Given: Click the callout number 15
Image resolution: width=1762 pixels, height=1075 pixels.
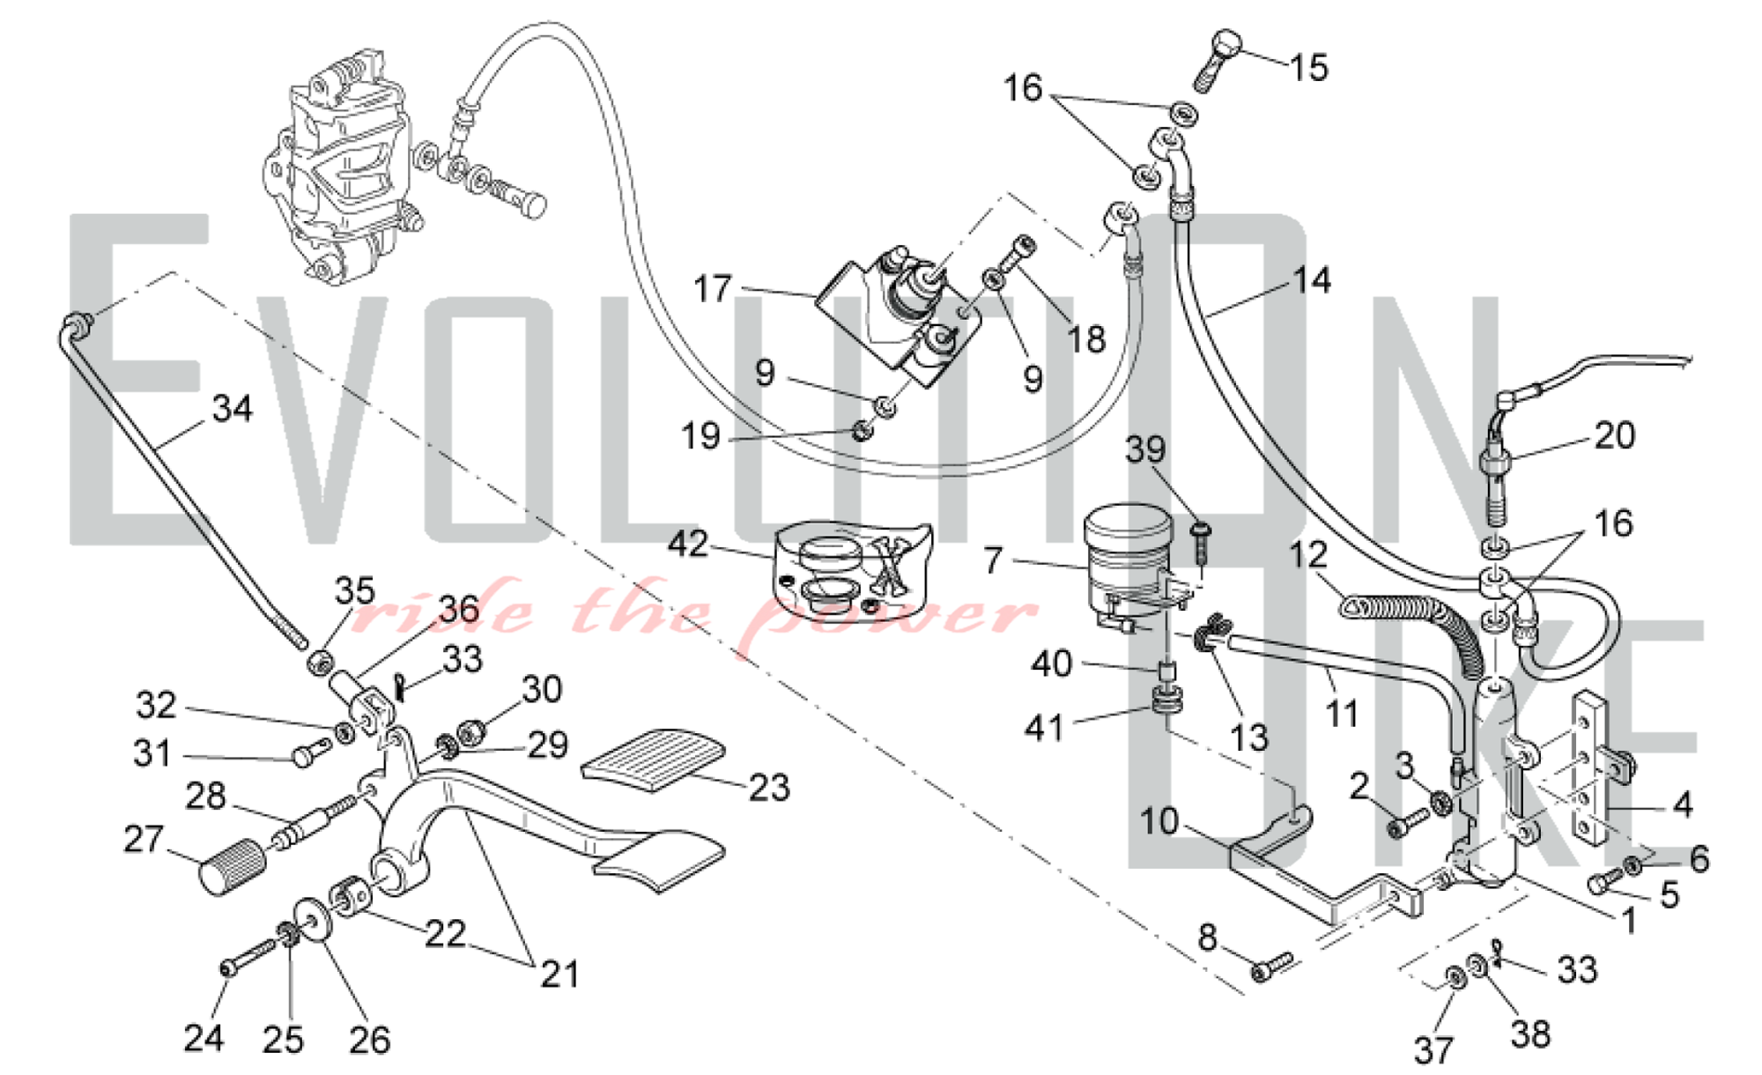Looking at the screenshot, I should point(1309,67).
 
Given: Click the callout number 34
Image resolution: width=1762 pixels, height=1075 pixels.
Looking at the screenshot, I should point(233,409).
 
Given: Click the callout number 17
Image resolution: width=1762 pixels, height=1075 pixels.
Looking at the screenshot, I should point(712,288).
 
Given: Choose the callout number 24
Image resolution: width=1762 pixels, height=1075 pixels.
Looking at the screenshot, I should point(204,1037).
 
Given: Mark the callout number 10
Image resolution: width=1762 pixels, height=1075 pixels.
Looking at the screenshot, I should point(1159,821).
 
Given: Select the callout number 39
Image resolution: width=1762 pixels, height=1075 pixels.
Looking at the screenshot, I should point(1145,449).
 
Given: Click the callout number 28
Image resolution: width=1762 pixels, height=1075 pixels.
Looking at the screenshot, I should point(206,796).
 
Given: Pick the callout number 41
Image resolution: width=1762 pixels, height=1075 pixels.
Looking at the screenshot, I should point(1044,728).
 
